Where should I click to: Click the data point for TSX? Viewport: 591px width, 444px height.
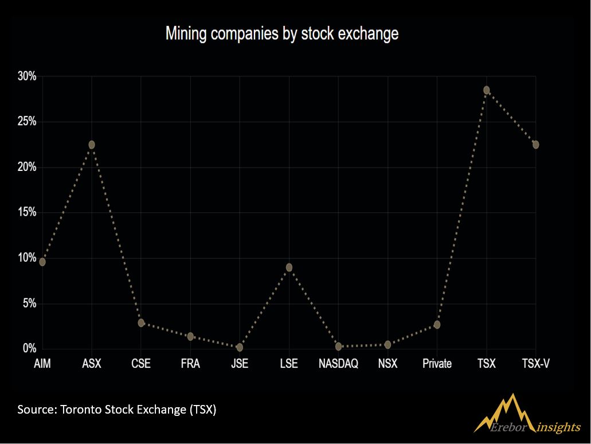[x=487, y=90]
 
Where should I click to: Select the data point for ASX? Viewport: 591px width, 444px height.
[x=92, y=145]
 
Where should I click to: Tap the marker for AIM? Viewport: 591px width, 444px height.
[x=42, y=262]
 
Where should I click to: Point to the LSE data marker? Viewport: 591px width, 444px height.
[x=289, y=267]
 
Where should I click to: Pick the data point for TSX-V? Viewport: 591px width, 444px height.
[x=535, y=145]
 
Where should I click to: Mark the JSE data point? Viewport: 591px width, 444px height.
[x=240, y=347]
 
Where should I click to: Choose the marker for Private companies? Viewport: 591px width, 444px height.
[x=437, y=325]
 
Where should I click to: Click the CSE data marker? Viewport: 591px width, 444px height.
[x=141, y=322]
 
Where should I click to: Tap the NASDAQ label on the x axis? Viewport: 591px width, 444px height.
[x=338, y=364]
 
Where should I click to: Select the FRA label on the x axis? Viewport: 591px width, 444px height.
[x=190, y=364]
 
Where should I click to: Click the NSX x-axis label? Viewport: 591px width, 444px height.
[x=388, y=364]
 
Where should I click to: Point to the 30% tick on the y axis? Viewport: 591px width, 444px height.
[x=27, y=76]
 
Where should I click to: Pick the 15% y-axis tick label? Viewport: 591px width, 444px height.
[x=27, y=212]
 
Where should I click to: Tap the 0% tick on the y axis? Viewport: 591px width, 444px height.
[x=29, y=348]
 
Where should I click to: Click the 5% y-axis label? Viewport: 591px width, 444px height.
[x=29, y=303]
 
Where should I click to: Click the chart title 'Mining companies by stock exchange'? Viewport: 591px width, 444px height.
[x=282, y=34]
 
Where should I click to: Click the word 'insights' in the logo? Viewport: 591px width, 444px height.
[x=558, y=427]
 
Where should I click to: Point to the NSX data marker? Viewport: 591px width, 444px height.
[x=388, y=344]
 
